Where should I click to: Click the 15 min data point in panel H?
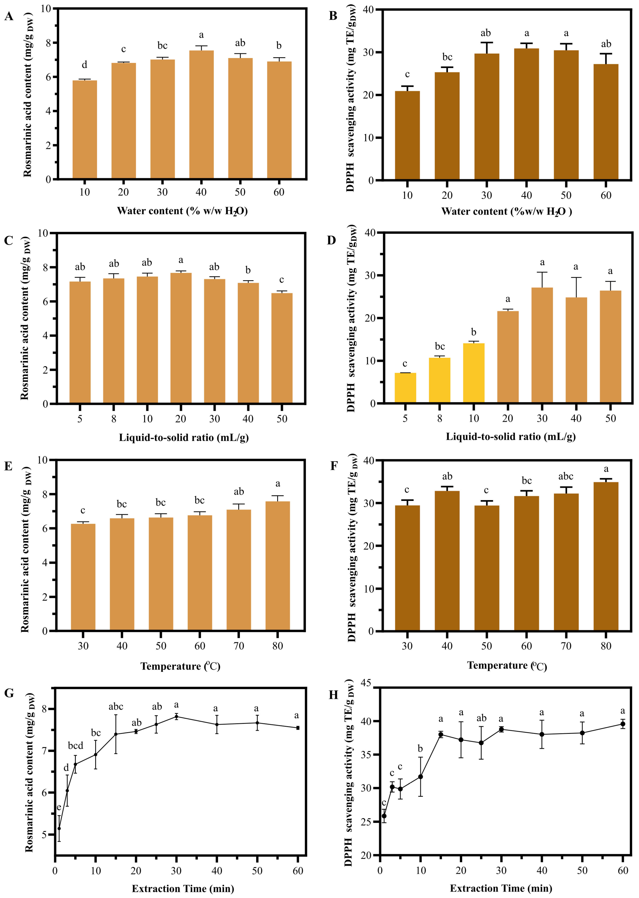coord(441,735)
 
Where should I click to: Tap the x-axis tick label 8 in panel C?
coord(114,419)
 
